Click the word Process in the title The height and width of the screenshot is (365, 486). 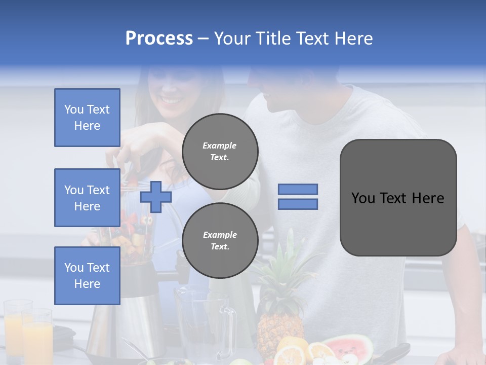tap(159, 39)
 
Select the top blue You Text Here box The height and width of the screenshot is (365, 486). tap(87, 118)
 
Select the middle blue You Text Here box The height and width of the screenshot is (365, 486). tap(87, 198)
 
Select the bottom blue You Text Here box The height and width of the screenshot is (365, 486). tap(87, 275)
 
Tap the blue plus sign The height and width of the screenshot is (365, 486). tap(155, 197)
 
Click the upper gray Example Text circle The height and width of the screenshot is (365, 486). tap(220, 151)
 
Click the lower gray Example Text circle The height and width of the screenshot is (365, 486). tap(220, 240)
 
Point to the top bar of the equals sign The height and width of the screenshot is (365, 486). tap(298, 189)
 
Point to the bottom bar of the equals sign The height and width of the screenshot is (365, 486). tap(298, 204)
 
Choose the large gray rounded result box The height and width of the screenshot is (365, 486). tap(398, 198)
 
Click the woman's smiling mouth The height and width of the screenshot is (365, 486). tap(171, 99)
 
